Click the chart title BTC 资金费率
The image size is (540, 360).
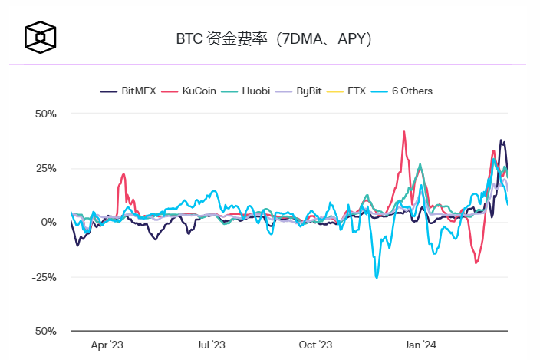pos(273,38)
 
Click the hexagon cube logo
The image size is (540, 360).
pos(40,36)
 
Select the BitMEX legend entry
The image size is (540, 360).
pos(129,91)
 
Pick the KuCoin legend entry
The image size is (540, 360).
pos(191,91)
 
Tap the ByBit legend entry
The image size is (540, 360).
pos(305,91)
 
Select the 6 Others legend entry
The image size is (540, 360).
pos(403,91)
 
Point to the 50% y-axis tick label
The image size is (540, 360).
pos(45,114)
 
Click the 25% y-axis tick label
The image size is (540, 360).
pos(45,168)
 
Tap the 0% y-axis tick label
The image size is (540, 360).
pos(48,223)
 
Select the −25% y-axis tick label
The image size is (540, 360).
pos(43,277)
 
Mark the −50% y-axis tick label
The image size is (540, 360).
pos(43,332)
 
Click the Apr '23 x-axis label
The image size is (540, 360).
pos(107,345)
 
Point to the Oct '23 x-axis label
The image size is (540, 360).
pos(315,345)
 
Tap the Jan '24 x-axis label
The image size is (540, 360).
pos(420,345)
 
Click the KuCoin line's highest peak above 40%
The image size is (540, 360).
pos(404,132)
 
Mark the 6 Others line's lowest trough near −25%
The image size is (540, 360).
pos(377,277)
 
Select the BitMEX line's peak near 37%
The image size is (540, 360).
pos(501,140)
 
